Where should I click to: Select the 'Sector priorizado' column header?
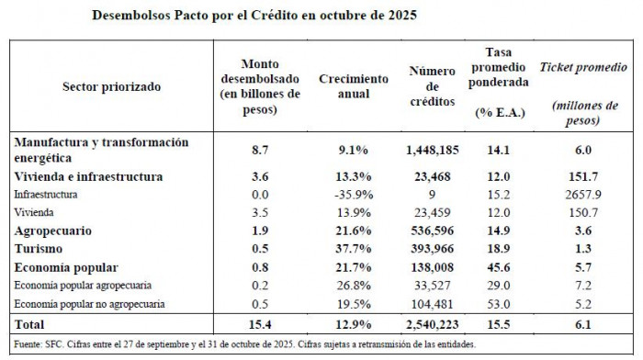tap(111, 87)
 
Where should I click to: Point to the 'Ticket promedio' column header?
tap(583, 68)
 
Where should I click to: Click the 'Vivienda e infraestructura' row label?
tap(89, 176)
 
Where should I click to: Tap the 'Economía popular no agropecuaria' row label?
tap(95, 303)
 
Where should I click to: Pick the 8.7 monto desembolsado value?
tap(259, 150)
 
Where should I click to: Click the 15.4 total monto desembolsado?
tap(259, 324)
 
